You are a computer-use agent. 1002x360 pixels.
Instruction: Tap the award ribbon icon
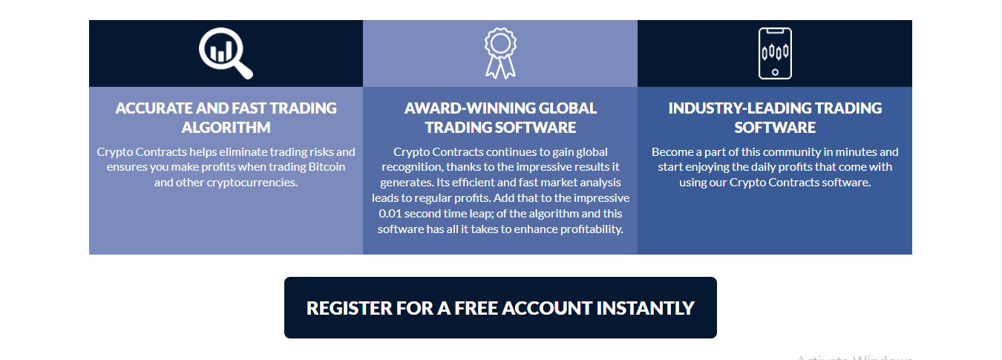500,53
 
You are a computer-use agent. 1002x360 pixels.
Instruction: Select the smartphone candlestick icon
775,53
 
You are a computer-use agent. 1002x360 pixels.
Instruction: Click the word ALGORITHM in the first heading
226,128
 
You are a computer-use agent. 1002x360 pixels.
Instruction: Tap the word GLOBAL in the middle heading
568,108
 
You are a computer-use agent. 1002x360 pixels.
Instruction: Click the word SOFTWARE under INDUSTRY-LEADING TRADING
775,128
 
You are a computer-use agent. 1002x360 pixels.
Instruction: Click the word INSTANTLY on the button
645,308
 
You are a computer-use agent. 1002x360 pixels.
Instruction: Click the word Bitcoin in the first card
327,167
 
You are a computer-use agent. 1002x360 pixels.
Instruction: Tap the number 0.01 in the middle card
390,214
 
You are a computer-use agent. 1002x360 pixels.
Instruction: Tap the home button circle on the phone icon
775,72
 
